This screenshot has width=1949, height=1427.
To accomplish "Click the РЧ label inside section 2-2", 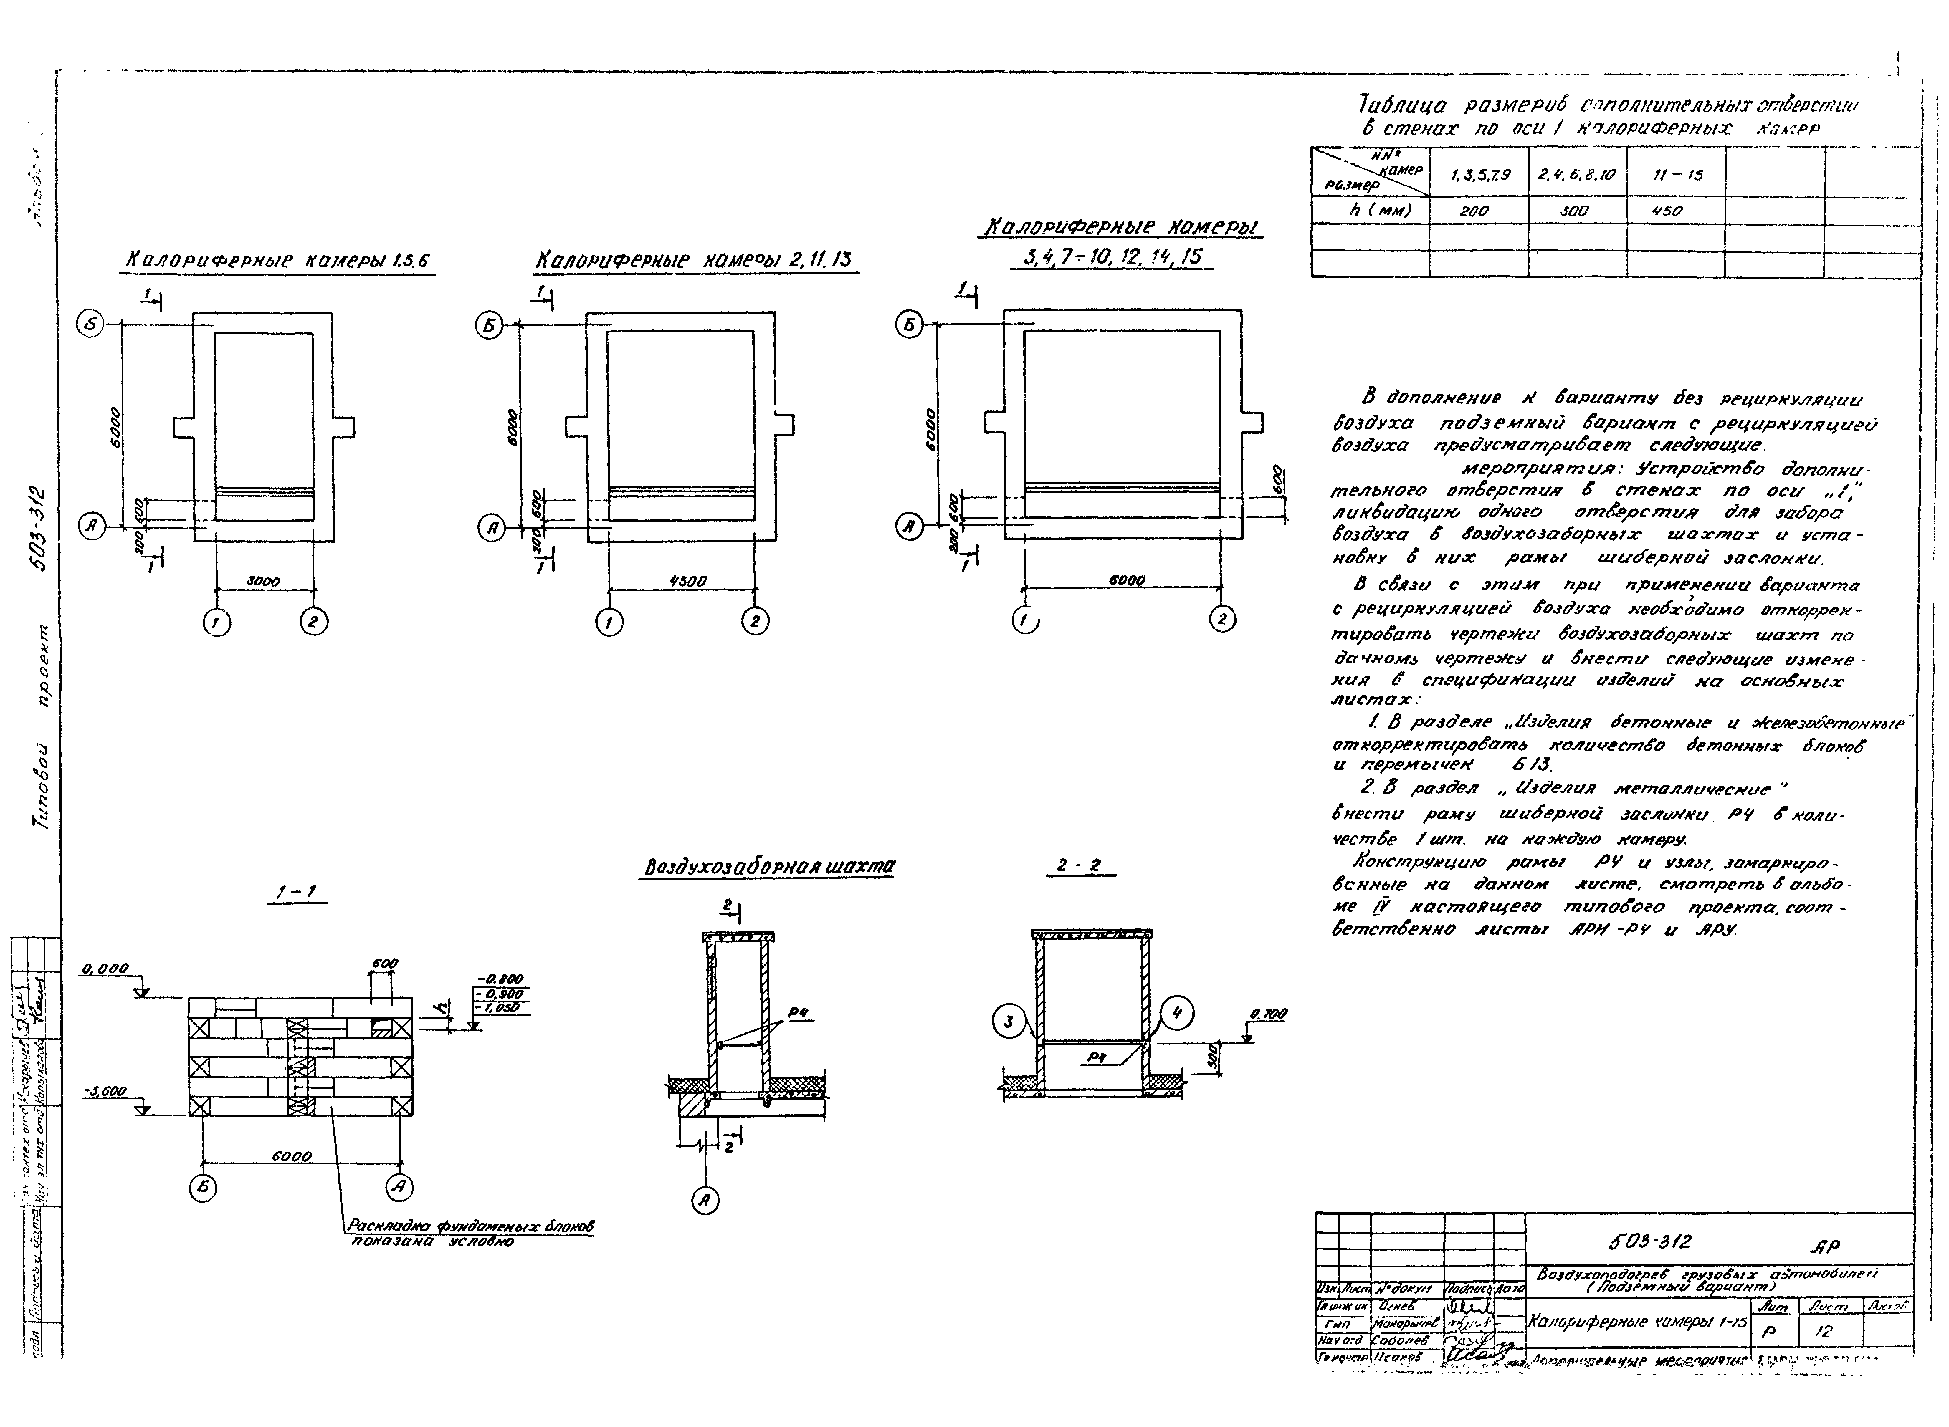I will point(1097,1057).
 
